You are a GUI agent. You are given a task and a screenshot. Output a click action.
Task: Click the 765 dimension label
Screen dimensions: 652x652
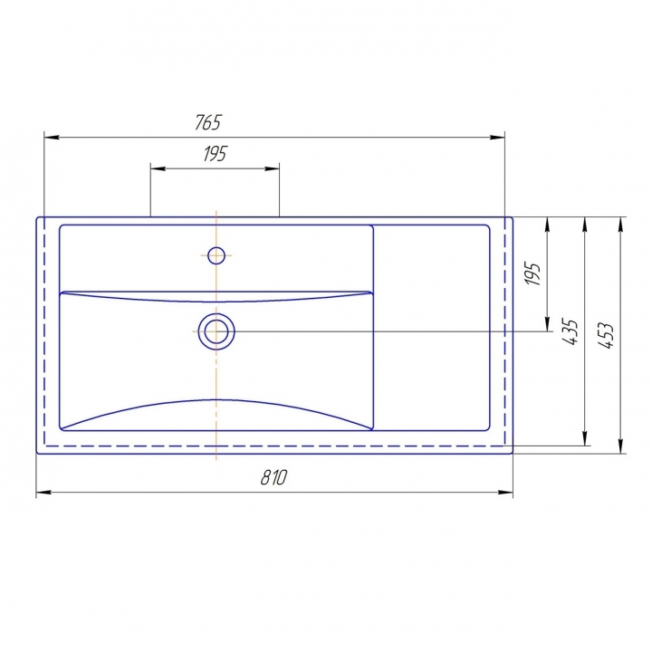(208, 122)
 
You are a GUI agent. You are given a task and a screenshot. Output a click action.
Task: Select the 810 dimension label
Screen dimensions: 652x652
(273, 477)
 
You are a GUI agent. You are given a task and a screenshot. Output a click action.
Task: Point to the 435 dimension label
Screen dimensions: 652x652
(570, 331)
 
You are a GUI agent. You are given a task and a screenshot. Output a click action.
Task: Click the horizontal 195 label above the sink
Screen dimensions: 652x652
(215, 154)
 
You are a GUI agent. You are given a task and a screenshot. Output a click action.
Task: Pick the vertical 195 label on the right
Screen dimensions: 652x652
(532, 273)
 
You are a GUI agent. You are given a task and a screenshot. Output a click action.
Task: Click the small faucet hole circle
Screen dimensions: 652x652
(216, 255)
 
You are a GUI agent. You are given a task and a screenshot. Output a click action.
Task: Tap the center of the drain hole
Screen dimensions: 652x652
(216, 331)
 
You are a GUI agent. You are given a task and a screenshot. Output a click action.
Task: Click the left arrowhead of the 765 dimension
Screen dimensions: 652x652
(52, 138)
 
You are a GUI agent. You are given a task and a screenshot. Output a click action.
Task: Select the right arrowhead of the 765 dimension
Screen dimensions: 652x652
(497, 138)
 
